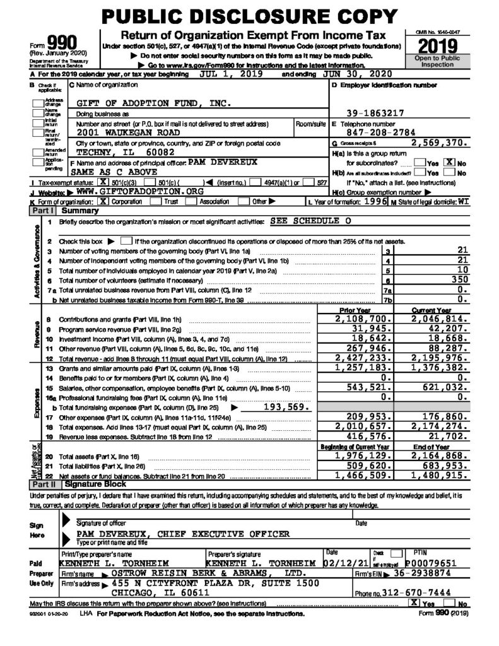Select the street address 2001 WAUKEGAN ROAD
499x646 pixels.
[x=128, y=132]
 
